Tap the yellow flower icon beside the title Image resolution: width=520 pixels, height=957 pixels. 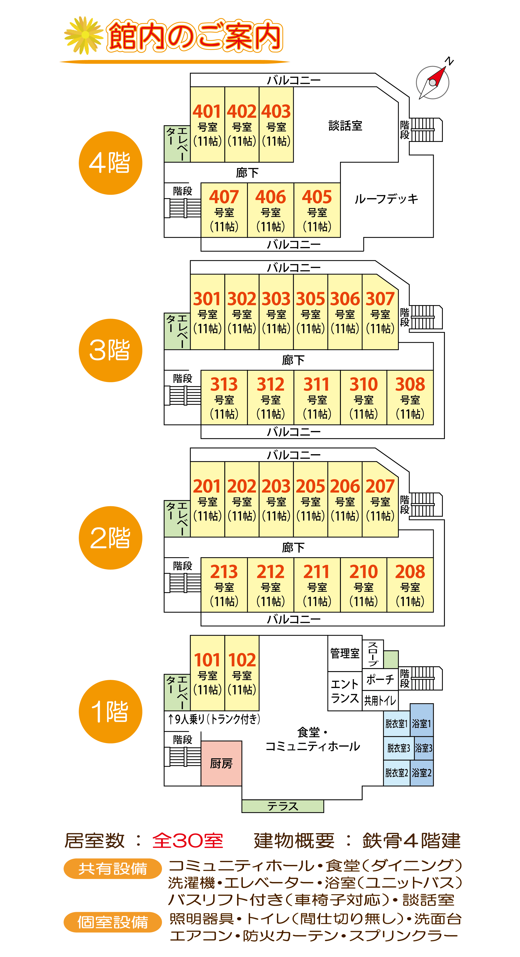84,35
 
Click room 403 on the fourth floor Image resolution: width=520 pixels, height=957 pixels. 276,125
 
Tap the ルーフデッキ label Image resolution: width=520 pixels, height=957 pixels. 386,199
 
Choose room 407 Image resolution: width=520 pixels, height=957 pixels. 224,210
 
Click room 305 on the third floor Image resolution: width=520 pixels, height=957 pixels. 310,312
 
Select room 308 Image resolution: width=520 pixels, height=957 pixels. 410,397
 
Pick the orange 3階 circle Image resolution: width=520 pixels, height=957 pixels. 111,350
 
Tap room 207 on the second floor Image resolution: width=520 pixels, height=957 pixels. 380,499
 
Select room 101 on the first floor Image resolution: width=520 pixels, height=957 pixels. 207,673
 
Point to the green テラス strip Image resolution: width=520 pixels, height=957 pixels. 283,806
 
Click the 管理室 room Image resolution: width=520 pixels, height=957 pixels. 345,653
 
